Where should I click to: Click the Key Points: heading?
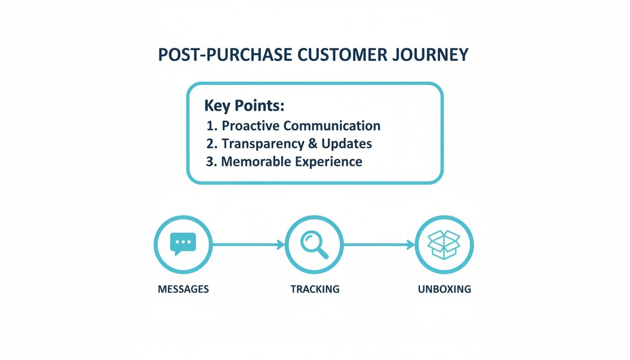point(244,106)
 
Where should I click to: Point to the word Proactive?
point(251,126)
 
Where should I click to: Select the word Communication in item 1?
point(332,126)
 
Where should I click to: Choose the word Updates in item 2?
point(344,143)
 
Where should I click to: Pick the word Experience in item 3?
point(328,162)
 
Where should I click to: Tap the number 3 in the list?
point(210,162)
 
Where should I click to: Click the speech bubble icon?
point(183,244)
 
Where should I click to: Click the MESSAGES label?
point(183,289)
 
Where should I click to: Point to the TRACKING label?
point(315,289)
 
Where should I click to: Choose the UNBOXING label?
point(444,289)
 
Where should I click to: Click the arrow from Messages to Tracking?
point(248,244)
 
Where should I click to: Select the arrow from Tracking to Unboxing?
point(379,244)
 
